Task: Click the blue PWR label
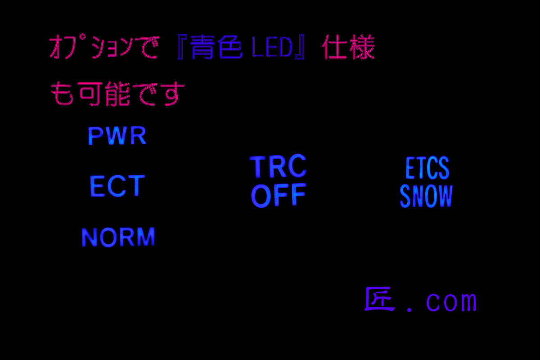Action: (x=117, y=136)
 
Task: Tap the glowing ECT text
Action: (x=117, y=186)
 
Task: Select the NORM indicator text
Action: (x=118, y=237)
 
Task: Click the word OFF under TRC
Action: (x=278, y=196)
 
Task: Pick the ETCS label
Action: (x=427, y=168)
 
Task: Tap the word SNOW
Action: (x=426, y=197)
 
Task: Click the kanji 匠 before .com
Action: (x=379, y=300)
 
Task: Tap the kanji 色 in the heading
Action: (x=230, y=48)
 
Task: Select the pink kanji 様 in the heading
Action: (x=362, y=48)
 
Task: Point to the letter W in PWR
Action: (x=118, y=136)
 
